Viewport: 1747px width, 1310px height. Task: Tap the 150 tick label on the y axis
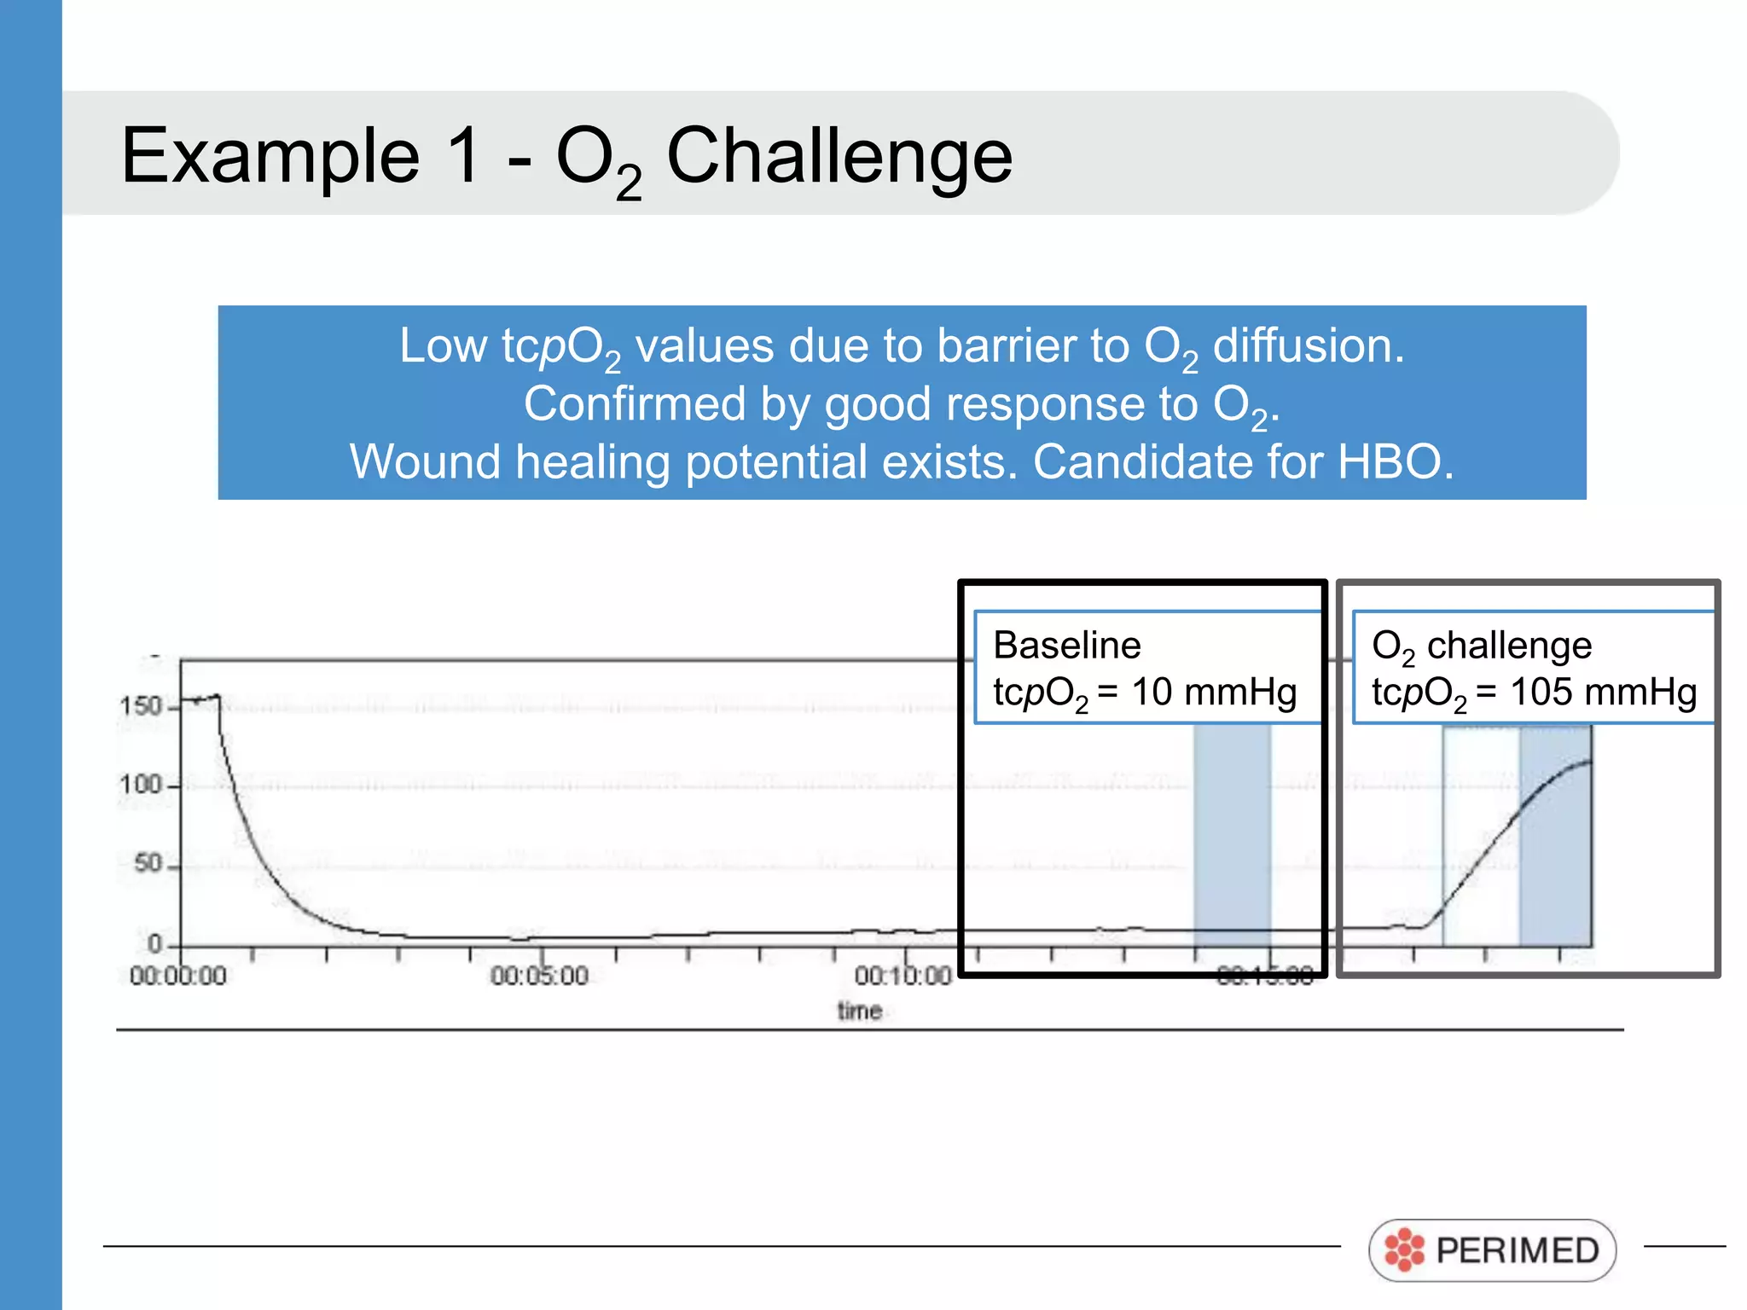click(141, 706)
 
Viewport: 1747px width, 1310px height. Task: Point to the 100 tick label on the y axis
click(141, 784)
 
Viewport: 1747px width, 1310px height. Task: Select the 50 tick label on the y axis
click(148, 863)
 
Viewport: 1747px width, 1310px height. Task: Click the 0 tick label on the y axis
click(154, 942)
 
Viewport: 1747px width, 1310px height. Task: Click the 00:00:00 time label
click(178, 976)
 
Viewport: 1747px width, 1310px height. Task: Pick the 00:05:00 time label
click(539, 976)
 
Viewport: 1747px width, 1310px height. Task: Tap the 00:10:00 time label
click(903, 976)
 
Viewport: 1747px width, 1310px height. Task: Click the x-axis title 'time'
click(859, 1011)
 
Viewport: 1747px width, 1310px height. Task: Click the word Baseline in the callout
click(1067, 646)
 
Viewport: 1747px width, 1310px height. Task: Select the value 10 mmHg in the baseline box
click(1213, 692)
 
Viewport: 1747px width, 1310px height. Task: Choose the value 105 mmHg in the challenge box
click(1603, 692)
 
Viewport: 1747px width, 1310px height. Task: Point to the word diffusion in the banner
click(1308, 347)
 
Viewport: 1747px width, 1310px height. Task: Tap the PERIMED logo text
click(1517, 1251)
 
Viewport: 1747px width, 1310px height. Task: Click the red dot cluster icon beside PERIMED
click(1404, 1251)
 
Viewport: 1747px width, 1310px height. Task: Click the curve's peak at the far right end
click(1589, 762)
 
